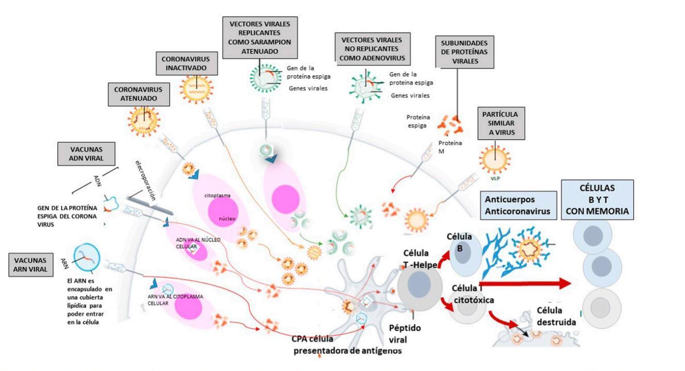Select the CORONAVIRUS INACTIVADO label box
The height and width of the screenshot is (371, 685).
pyautogui.click(x=186, y=64)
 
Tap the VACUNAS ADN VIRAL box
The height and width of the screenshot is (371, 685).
pyautogui.click(x=86, y=154)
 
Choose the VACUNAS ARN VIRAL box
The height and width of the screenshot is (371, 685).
pyautogui.click(x=30, y=265)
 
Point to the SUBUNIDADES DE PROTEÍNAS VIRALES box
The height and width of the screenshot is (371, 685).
pyautogui.click(x=465, y=52)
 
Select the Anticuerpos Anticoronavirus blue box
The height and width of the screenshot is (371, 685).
pyautogui.click(x=518, y=205)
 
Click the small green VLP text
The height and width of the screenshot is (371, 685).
pyautogui.click(x=495, y=178)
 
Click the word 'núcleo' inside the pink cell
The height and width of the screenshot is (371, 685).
pyautogui.click(x=227, y=219)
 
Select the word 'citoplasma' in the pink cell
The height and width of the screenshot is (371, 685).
pyautogui.click(x=218, y=196)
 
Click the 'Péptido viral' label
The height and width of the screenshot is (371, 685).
pyautogui.click(x=404, y=333)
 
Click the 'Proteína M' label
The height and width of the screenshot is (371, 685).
pyautogui.click(x=450, y=147)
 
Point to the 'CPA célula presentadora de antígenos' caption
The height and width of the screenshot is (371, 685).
pyautogui.click(x=346, y=345)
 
